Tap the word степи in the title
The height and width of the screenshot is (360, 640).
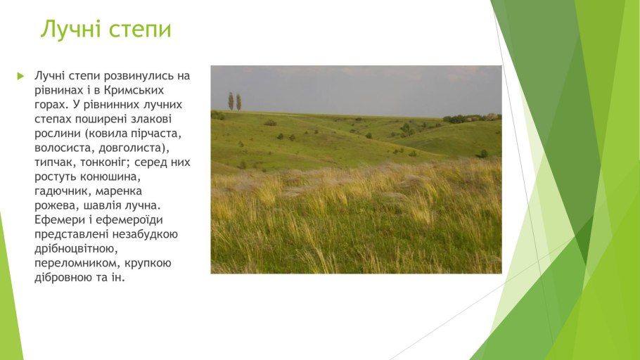141,30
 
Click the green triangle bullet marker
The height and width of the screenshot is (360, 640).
20,75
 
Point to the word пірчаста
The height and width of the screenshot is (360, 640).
159,134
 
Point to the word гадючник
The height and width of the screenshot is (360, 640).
63,191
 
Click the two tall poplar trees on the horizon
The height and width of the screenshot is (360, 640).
234,102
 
